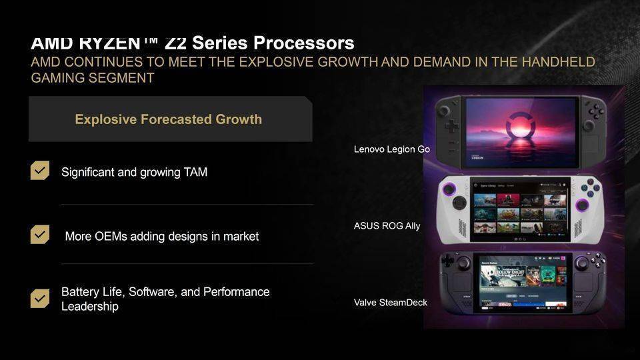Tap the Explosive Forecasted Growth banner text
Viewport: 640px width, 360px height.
click(168, 119)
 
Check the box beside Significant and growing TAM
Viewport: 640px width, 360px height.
click(40, 171)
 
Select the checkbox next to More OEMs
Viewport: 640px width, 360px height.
click(40, 235)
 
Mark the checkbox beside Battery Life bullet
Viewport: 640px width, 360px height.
click(40, 298)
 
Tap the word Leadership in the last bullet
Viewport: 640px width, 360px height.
click(90, 307)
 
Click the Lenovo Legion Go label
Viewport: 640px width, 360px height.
click(391, 149)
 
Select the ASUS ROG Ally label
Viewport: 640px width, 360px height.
click(387, 226)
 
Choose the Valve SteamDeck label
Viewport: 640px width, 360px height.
click(390, 303)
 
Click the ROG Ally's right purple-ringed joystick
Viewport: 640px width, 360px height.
click(583, 205)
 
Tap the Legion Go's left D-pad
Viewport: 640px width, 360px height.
click(451, 125)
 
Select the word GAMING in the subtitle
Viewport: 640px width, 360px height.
click(59, 78)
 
